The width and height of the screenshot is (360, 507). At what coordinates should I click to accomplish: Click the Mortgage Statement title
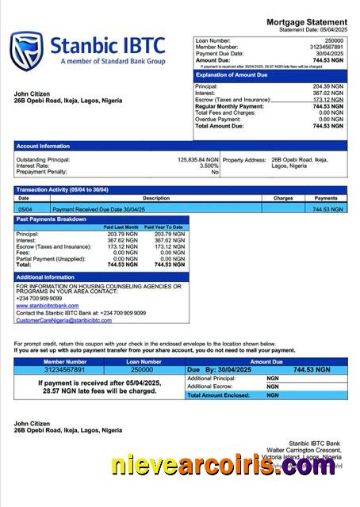[x=306, y=22]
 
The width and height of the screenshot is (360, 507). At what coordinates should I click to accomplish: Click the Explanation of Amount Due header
[x=231, y=75]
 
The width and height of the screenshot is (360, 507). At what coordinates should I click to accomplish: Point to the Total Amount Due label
[x=221, y=126]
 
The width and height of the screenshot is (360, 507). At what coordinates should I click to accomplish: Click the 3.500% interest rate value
[x=209, y=166]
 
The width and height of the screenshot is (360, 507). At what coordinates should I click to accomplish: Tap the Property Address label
[x=245, y=159]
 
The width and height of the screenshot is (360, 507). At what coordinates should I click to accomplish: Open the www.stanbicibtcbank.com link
[x=48, y=305]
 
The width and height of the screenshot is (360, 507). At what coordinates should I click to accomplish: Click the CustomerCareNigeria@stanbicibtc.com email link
[x=63, y=319]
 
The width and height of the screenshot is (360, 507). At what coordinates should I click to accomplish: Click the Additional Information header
[x=46, y=277]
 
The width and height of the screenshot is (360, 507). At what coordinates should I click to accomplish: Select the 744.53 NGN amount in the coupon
[x=311, y=369]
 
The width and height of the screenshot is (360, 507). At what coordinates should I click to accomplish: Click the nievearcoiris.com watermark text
[x=224, y=467]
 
